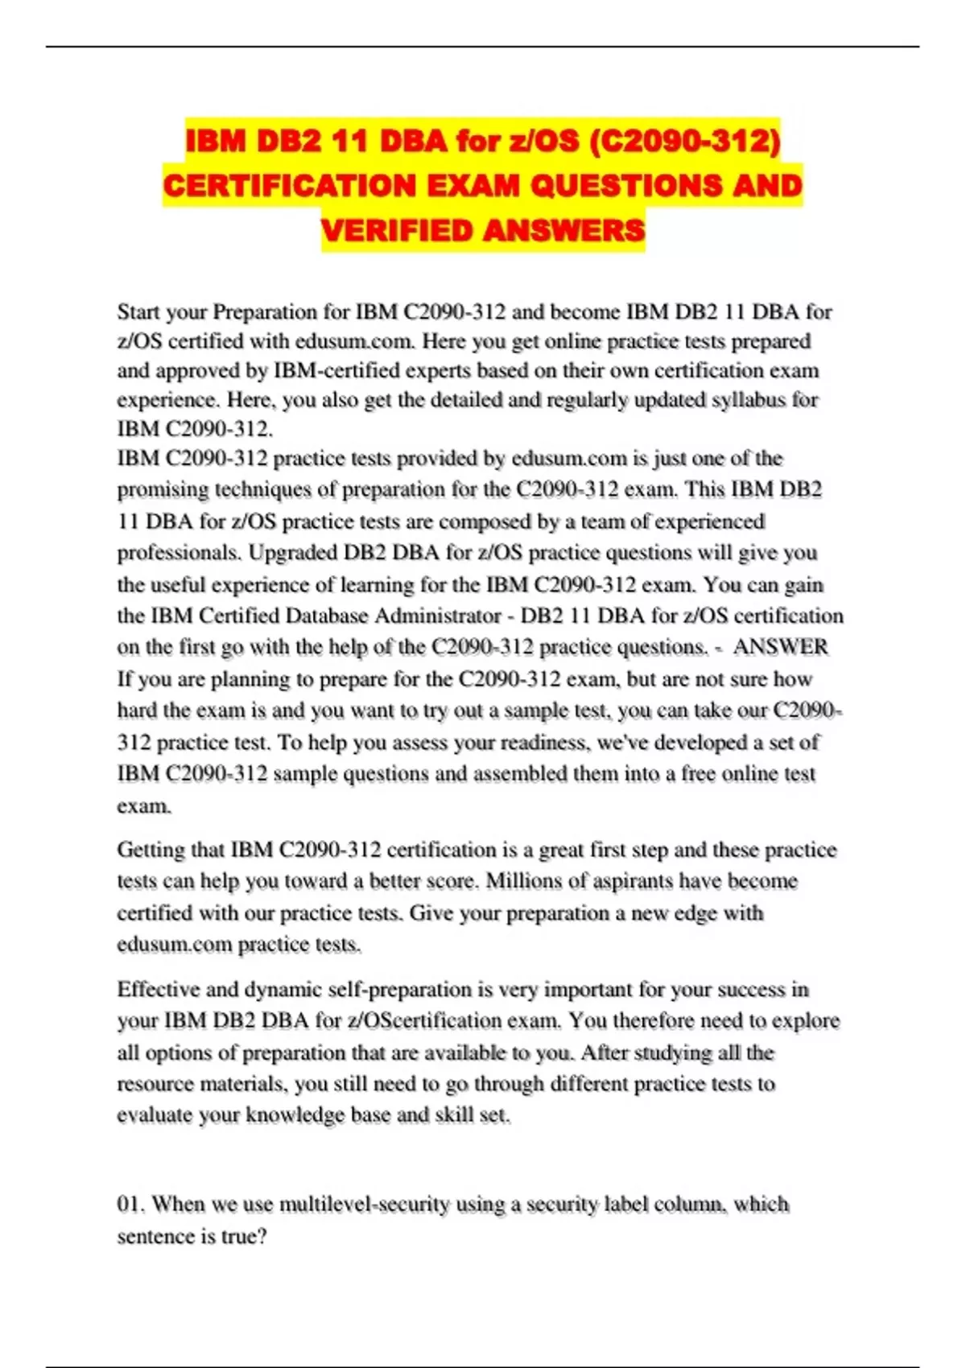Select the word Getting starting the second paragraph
151,850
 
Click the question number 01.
130,1205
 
